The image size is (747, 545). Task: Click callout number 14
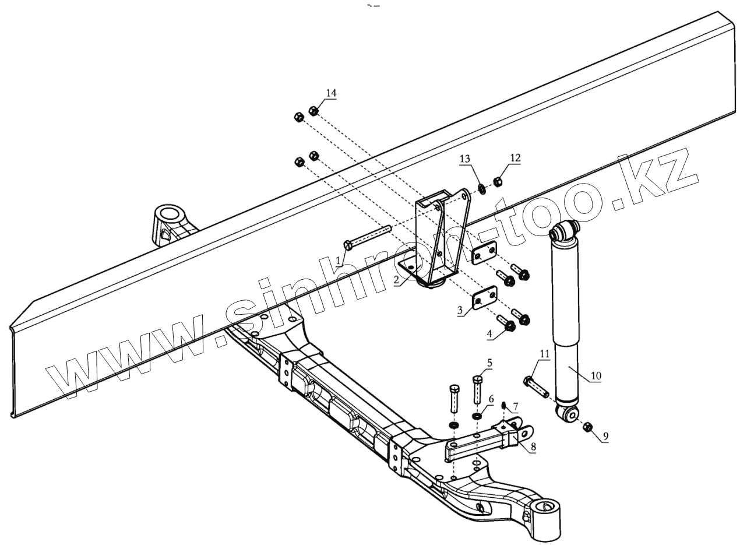(331, 93)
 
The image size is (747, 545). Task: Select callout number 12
(515, 157)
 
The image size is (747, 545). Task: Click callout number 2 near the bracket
(396, 280)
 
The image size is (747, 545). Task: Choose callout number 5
(489, 363)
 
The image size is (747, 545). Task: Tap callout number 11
(544, 353)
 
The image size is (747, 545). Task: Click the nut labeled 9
(587, 428)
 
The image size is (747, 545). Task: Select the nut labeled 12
(498, 182)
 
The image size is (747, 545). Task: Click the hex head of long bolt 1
(348, 244)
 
